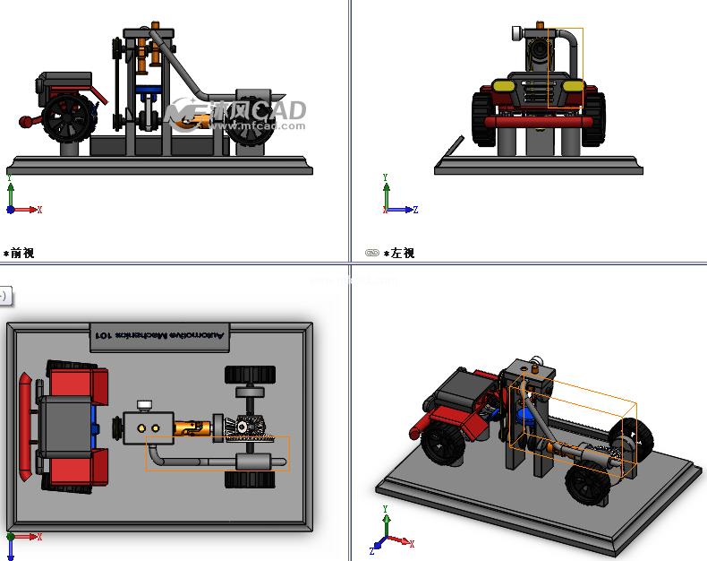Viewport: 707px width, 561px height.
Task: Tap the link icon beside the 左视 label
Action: coord(372,254)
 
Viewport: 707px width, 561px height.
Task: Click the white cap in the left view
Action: coord(516,34)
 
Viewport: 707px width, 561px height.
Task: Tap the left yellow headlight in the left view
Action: coord(503,87)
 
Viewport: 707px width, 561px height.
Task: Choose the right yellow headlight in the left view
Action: coord(573,87)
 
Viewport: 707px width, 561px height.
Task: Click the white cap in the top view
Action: coord(146,405)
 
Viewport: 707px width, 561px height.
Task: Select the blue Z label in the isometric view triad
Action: coord(372,550)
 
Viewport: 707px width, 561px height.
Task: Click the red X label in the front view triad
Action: coord(39,210)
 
